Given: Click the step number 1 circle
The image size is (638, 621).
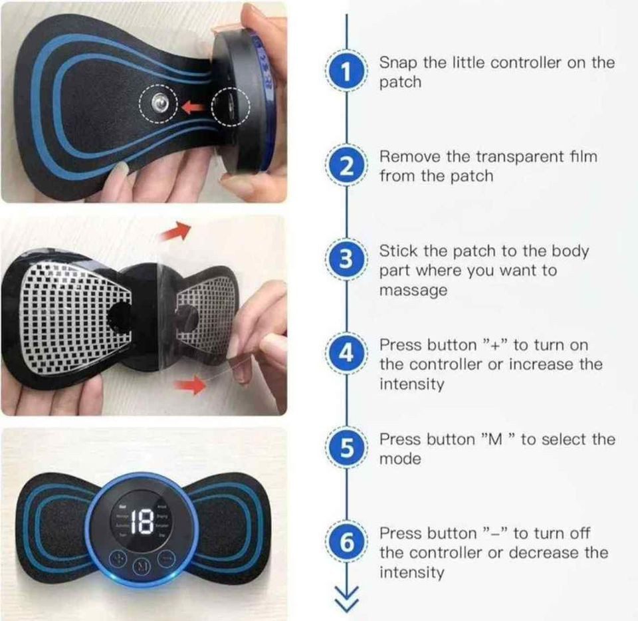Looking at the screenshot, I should click(x=346, y=72).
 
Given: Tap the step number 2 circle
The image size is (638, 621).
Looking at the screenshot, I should click(x=346, y=166).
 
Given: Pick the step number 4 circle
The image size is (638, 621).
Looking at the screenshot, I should click(x=346, y=354).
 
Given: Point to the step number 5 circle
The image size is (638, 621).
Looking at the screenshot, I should click(x=346, y=449).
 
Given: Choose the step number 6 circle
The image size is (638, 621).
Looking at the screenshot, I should click(x=346, y=543).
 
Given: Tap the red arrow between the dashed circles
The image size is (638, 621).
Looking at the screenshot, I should click(x=194, y=105).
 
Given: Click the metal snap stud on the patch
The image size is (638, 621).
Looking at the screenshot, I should click(x=159, y=102).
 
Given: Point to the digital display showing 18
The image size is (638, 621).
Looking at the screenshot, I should click(x=142, y=523).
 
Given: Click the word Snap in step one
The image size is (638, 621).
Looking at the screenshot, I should click(x=399, y=62).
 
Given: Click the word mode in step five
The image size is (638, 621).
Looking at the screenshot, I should click(x=400, y=459).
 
